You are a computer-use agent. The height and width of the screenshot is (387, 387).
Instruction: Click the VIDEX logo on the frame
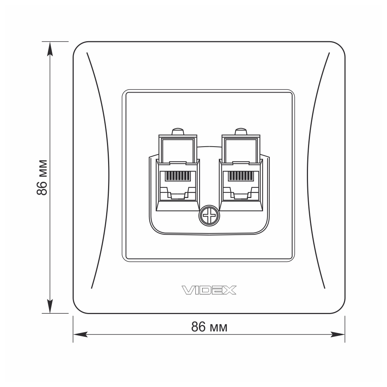tap(209, 290)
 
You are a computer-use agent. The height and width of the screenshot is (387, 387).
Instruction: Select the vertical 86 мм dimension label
tap(42, 177)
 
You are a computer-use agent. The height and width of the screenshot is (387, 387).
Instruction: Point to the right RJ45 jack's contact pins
tap(241, 176)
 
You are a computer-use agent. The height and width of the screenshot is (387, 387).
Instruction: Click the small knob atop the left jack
tap(178, 132)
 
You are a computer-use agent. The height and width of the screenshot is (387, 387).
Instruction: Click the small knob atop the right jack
tap(241, 132)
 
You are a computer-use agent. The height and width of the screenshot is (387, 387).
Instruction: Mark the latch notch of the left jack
tap(177, 195)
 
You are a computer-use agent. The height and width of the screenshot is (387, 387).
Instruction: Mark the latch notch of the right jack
tap(241, 195)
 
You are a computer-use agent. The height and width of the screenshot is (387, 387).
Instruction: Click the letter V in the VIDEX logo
tap(187, 290)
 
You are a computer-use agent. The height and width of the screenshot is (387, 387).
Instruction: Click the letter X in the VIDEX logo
tap(230, 290)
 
